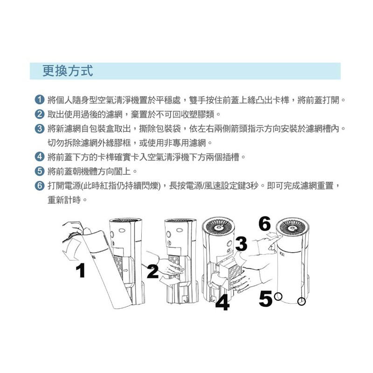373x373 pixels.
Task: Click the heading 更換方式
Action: pos(68,71)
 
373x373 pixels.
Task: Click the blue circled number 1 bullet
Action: pos(40,100)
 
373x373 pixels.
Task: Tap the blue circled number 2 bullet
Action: pos(40,114)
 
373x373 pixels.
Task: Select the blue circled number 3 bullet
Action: pos(40,129)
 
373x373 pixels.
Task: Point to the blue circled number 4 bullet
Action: pos(40,157)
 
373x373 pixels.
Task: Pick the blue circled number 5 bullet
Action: pos(40,171)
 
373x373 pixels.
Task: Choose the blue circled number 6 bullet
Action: pos(40,185)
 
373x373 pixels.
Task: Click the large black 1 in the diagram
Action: pos(81,270)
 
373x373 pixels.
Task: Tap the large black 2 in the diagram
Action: pos(153,271)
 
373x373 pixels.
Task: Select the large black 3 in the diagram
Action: pos(242,244)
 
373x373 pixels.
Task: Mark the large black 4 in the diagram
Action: pos(222,302)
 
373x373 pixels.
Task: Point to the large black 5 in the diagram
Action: pos(265,298)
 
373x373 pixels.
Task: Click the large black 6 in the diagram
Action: pos(264,224)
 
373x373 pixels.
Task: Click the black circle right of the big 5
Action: pos(278,297)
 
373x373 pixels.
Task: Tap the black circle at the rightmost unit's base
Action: pos(301,301)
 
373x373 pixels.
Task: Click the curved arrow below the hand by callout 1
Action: pos(71,250)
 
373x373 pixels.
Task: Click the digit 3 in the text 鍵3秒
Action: pos(248,186)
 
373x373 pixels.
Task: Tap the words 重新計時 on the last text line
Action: pos(64,200)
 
